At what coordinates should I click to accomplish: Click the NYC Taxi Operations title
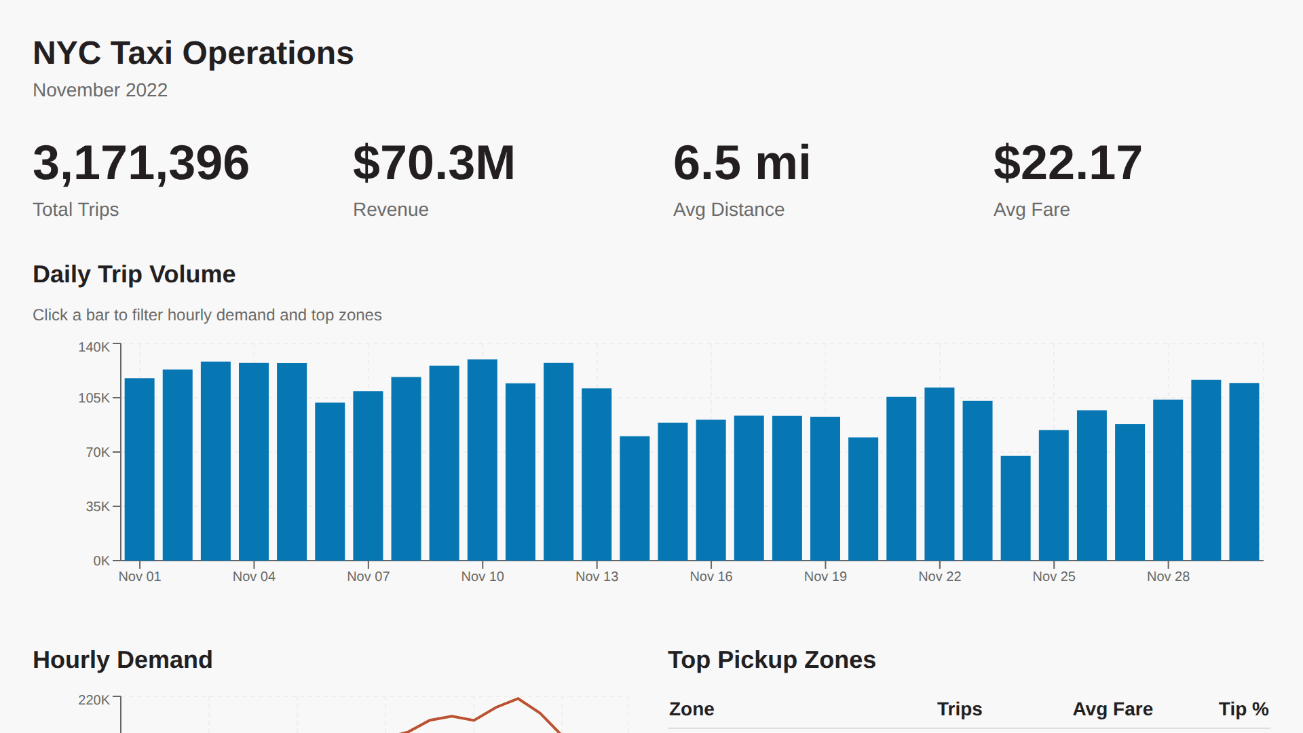(193, 53)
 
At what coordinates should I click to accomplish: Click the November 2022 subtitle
(100, 90)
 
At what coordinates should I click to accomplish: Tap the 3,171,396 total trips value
(140, 163)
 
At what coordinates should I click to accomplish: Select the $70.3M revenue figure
(434, 163)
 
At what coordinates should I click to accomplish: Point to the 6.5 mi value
(741, 163)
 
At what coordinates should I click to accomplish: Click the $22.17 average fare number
(1067, 163)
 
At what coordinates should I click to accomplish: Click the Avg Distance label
(728, 210)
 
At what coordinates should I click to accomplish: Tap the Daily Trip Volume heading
(134, 274)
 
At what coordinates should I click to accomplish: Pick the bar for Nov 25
(1054, 495)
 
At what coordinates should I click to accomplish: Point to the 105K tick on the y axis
(94, 398)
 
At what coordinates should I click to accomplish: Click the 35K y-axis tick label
(98, 506)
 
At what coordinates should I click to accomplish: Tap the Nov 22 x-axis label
(939, 576)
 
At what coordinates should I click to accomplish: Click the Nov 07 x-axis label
(368, 576)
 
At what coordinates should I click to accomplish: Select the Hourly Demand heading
(122, 660)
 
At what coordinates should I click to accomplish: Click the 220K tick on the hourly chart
(94, 700)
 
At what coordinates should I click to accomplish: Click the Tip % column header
(1243, 709)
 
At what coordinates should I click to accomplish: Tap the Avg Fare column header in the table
(1112, 709)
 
